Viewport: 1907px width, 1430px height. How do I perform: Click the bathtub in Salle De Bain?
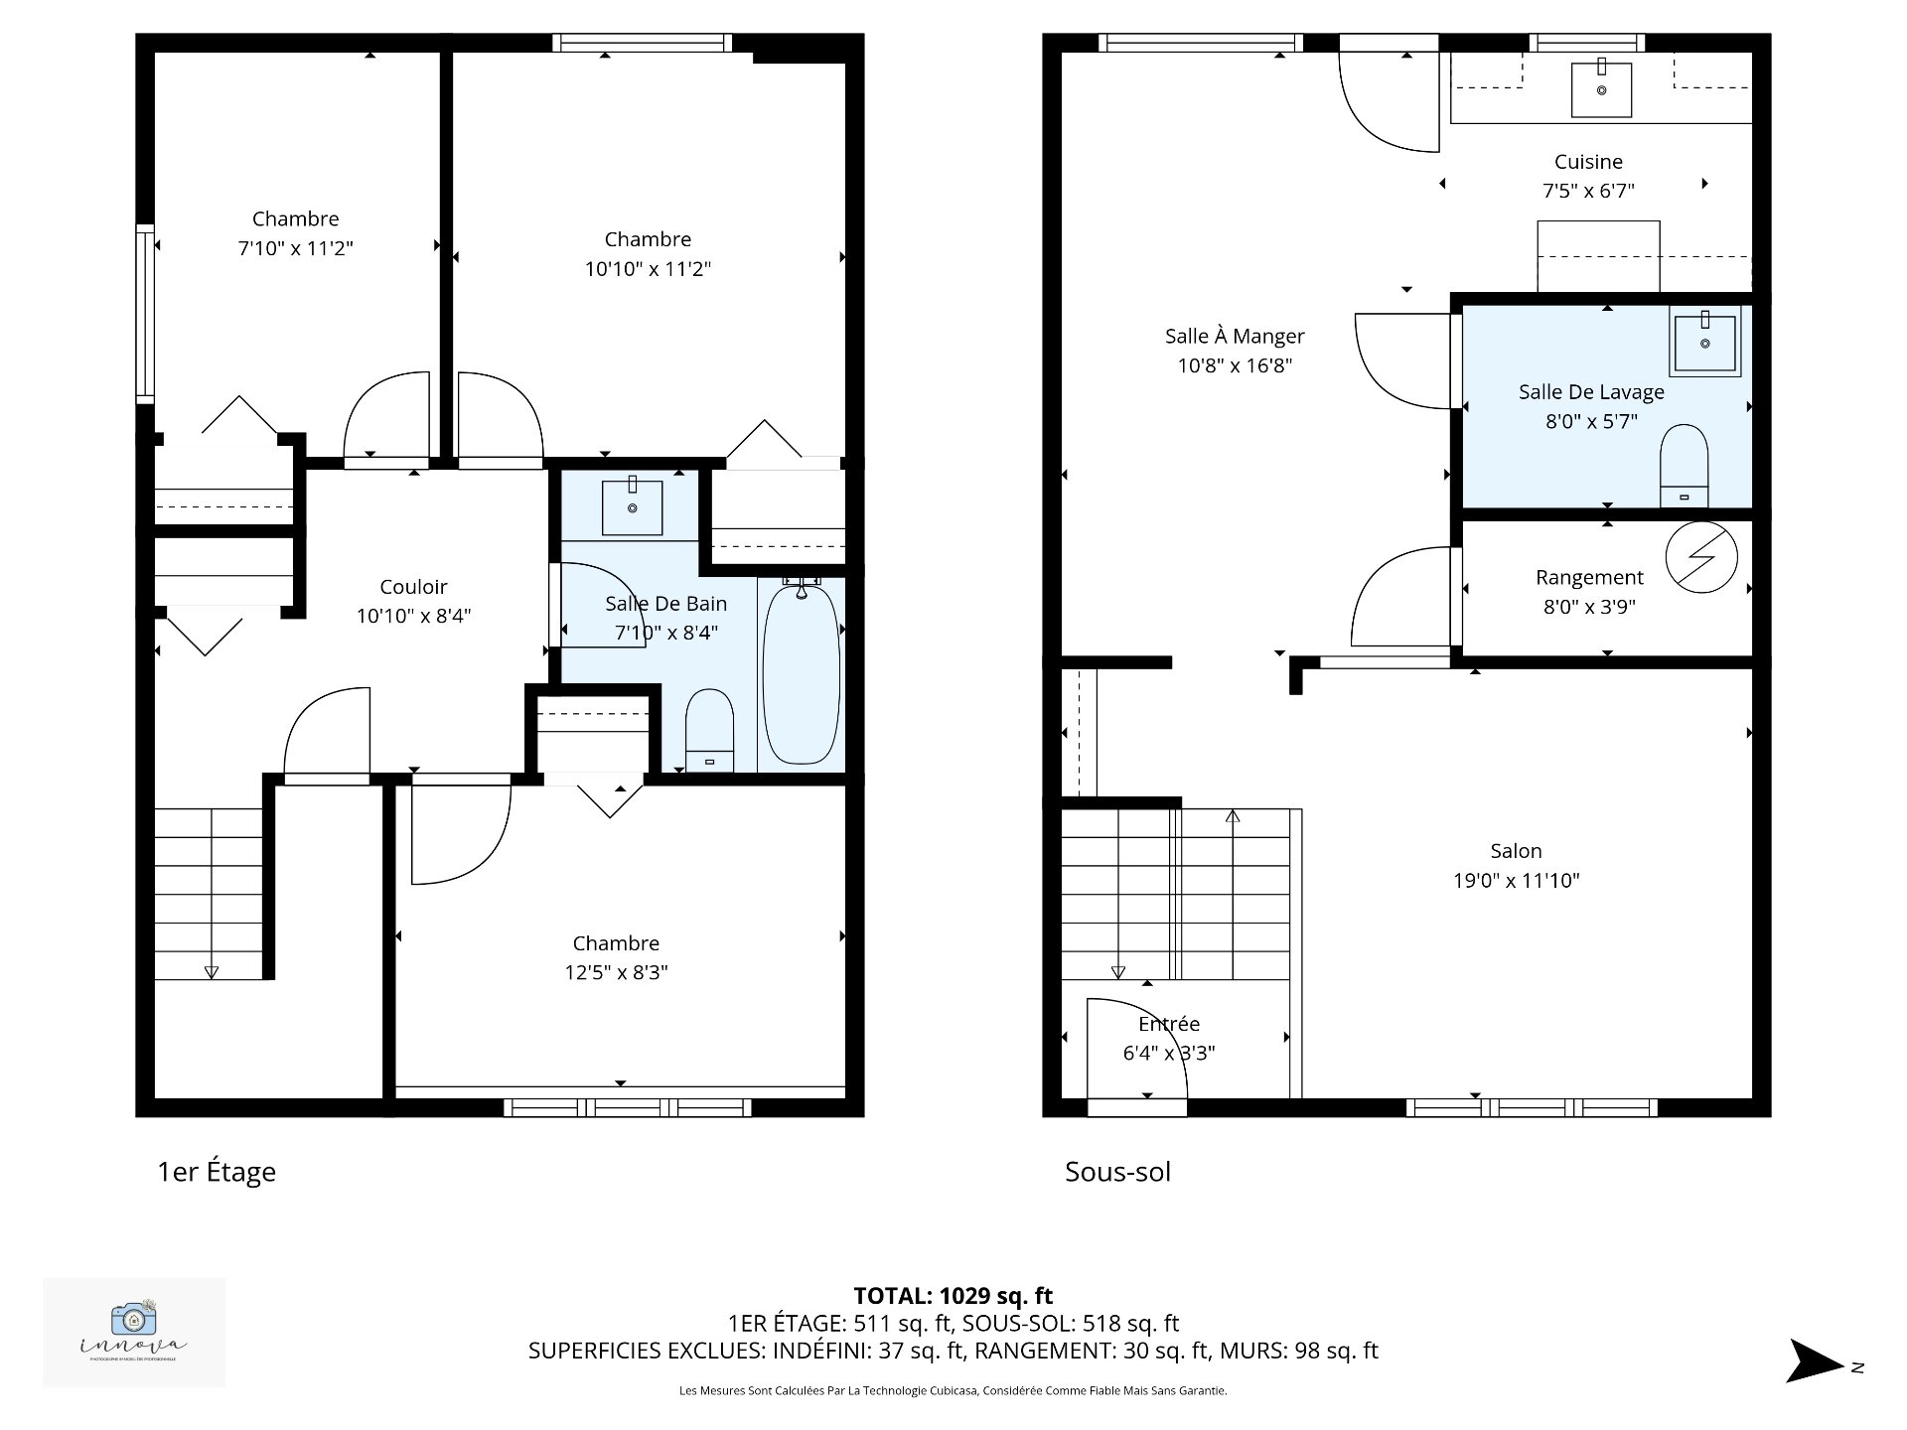point(801,675)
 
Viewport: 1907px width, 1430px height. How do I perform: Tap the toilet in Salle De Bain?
point(709,730)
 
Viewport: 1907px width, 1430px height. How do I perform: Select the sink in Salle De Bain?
point(632,507)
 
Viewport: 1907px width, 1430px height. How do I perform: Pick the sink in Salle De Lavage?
point(1704,344)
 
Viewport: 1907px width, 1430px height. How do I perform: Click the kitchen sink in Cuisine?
point(1601,89)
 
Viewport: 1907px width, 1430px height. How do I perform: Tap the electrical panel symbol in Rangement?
point(1700,558)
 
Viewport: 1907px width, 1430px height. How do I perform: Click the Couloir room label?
point(413,587)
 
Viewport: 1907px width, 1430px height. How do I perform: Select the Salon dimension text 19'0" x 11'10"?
point(1516,880)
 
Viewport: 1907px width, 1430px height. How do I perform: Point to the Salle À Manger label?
point(1235,337)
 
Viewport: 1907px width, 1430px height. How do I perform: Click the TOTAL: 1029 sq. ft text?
point(953,1296)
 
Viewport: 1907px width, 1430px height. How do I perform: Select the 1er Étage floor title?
point(217,1172)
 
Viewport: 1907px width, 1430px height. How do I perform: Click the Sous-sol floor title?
point(1117,1172)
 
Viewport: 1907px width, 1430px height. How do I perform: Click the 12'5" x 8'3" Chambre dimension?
point(616,972)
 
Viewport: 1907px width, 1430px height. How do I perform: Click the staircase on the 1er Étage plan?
point(209,894)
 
